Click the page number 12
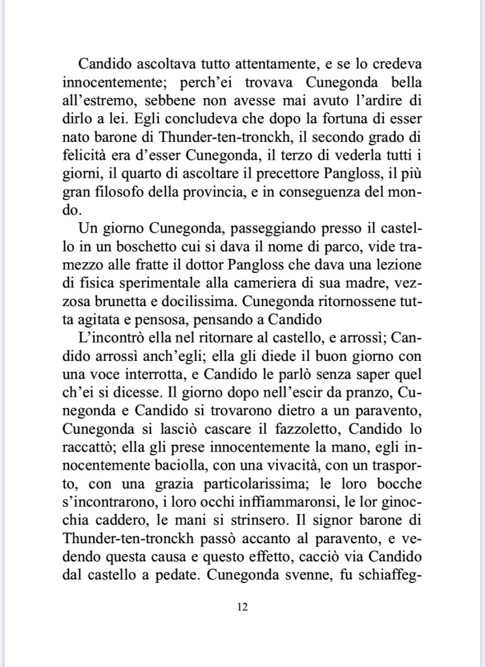point(242,607)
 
